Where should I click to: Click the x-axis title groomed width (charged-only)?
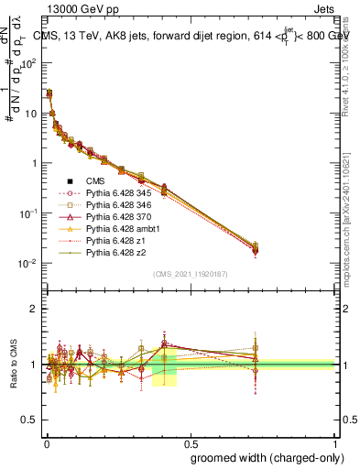261,456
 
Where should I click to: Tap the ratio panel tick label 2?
35,309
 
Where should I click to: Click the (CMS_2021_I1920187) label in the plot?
190,274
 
